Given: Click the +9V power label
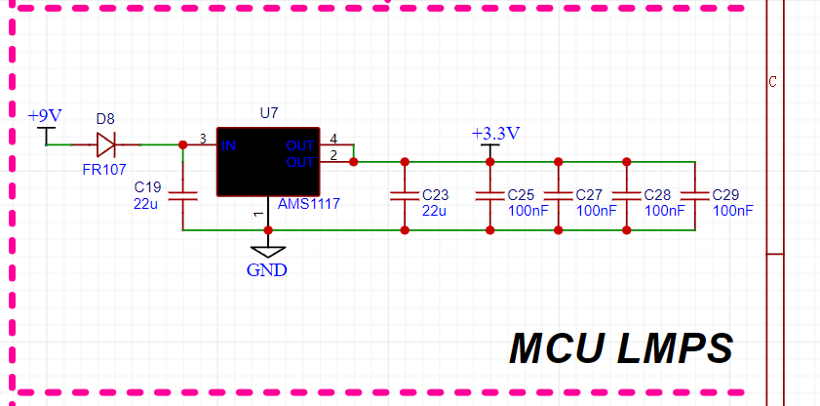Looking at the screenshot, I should click(45, 115).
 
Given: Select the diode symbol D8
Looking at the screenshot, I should click(105, 145).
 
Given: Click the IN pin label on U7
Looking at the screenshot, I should click(229, 146).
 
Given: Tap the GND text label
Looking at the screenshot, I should click(267, 270).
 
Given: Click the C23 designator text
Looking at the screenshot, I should click(435, 194).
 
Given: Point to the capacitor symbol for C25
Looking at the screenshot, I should click(489, 196).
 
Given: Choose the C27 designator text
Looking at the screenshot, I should click(589, 194).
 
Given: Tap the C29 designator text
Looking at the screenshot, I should click(726, 194).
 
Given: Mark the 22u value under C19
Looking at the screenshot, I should click(146, 203).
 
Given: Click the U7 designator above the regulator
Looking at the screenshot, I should click(269, 113).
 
